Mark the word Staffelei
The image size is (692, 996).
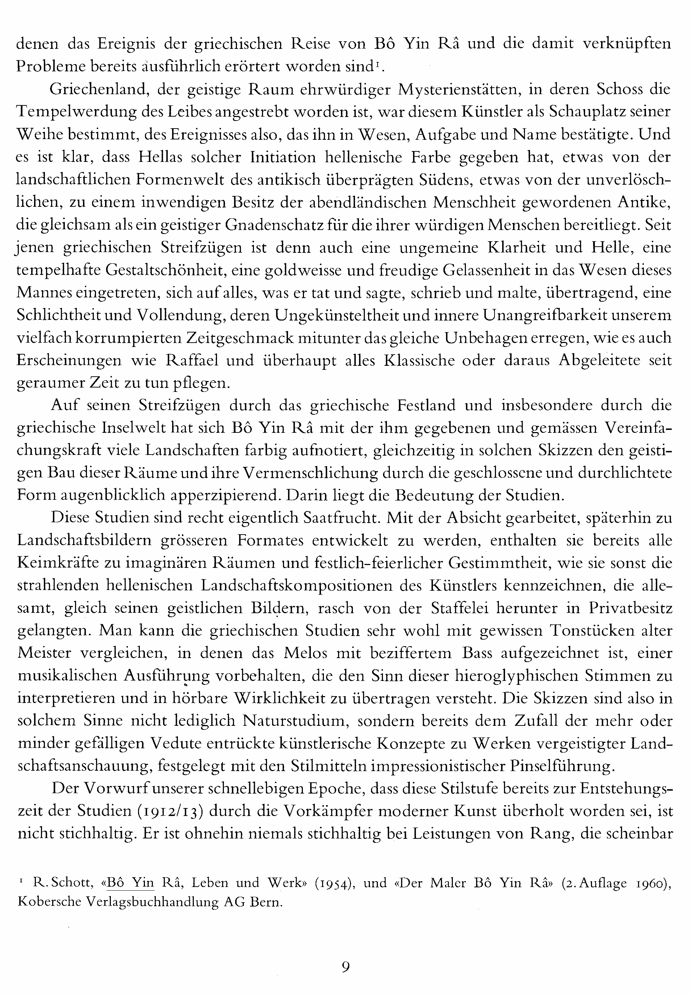pyautogui.click(x=460, y=608)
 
